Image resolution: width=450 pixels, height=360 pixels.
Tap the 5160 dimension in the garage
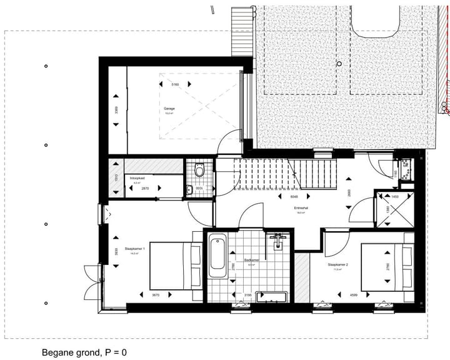[175, 84]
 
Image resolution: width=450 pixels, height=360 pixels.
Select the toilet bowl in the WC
[199, 169]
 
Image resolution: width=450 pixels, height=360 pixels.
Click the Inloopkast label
[137, 179]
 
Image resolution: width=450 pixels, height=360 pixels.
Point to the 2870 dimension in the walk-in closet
[144, 188]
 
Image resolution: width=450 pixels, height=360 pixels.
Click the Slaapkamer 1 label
[134, 250]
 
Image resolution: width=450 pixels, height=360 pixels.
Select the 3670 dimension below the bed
[157, 295]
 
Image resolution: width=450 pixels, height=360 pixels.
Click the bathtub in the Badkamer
[217, 256]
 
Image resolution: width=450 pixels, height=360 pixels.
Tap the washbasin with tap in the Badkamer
[277, 240]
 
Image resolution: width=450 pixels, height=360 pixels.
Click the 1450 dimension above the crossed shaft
[394, 196]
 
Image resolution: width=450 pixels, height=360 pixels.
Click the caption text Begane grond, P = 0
[84, 352]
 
